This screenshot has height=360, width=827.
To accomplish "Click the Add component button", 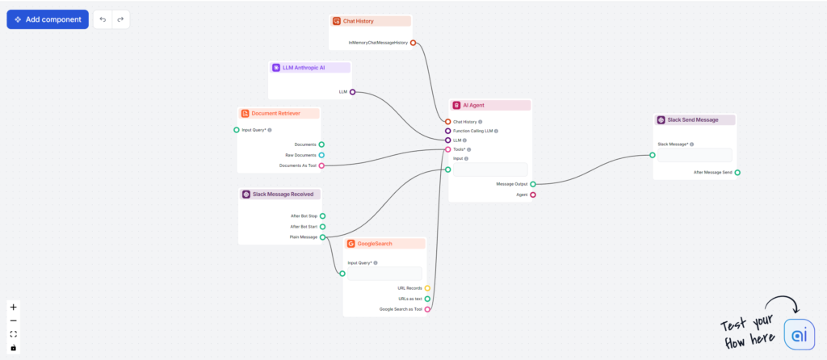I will (x=48, y=19).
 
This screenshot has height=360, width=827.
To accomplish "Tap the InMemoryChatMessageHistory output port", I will (x=413, y=42).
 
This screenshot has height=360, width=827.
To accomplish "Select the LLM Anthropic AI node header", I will (x=303, y=68).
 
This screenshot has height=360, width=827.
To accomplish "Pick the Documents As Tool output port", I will (x=321, y=165).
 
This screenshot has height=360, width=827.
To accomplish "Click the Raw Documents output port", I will (x=321, y=155).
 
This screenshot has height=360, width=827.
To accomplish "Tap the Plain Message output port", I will (x=322, y=237).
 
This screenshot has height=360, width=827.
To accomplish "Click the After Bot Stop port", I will (x=322, y=216).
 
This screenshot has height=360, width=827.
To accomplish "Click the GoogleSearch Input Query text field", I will (x=384, y=274).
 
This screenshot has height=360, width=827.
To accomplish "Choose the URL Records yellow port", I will (x=427, y=288).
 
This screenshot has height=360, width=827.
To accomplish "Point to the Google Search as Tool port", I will (x=427, y=309).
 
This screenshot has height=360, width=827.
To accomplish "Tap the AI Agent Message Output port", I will (x=533, y=184).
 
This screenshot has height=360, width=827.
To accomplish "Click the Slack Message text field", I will (x=695, y=155).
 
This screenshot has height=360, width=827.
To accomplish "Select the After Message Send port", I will (x=737, y=172).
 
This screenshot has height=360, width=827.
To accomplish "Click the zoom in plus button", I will (x=13, y=307).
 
